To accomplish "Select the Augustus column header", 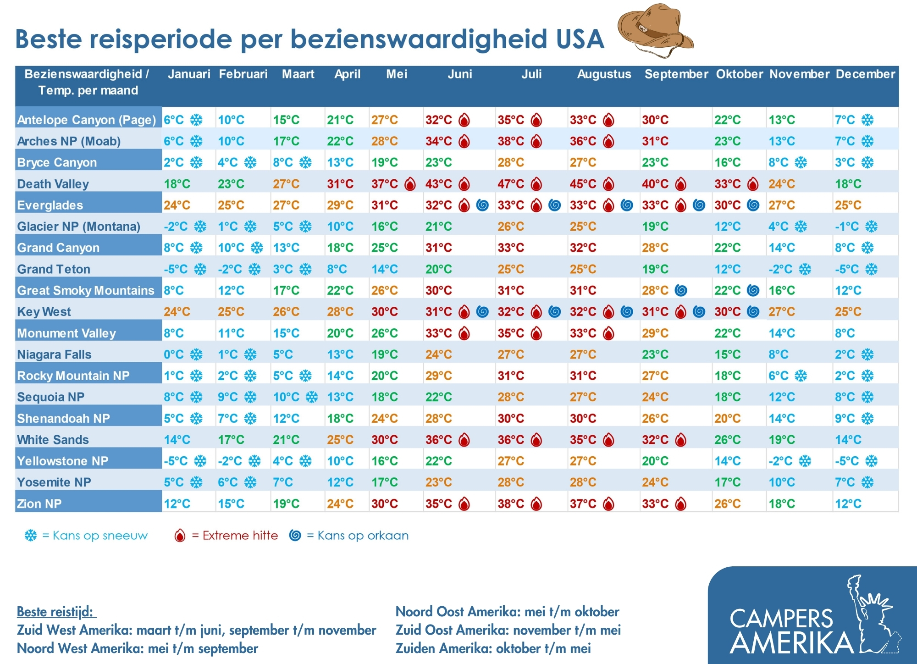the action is pyautogui.click(x=604, y=74).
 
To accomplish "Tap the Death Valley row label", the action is pyautogui.click(x=53, y=184).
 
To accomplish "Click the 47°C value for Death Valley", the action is pyautogui.click(x=511, y=184).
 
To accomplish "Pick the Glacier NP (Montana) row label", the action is pyautogui.click(x=78, y=227).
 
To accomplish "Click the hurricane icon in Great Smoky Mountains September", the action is pyautogui.click(x=681, y=290).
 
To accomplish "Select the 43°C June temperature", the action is pyautogui.click(x=438, y=184).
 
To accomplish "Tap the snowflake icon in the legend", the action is pyautogui.click(x=31, y=535).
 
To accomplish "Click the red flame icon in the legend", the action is pyautogui.click(x=180, y=535).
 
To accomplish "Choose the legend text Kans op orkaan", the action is pyautogui.click(x=363, y=536).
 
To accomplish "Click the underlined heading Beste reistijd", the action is pyautogui.click(x=56, y=612).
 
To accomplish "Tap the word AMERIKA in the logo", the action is pyautogui.click(x=792, y=643).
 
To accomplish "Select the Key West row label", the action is pyautogui.click(x=44, y=312).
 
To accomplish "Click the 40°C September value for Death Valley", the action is pyautogui.click(x=655, y=184).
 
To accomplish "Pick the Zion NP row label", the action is pyautogui.click(x=39, y=504).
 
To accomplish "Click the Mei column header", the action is pyautogui.click(x=397, y=74).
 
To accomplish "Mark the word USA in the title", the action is pyautogui.click(x=580, y=39).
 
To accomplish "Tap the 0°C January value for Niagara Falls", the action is pyautogui.click(x=174, y=354).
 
